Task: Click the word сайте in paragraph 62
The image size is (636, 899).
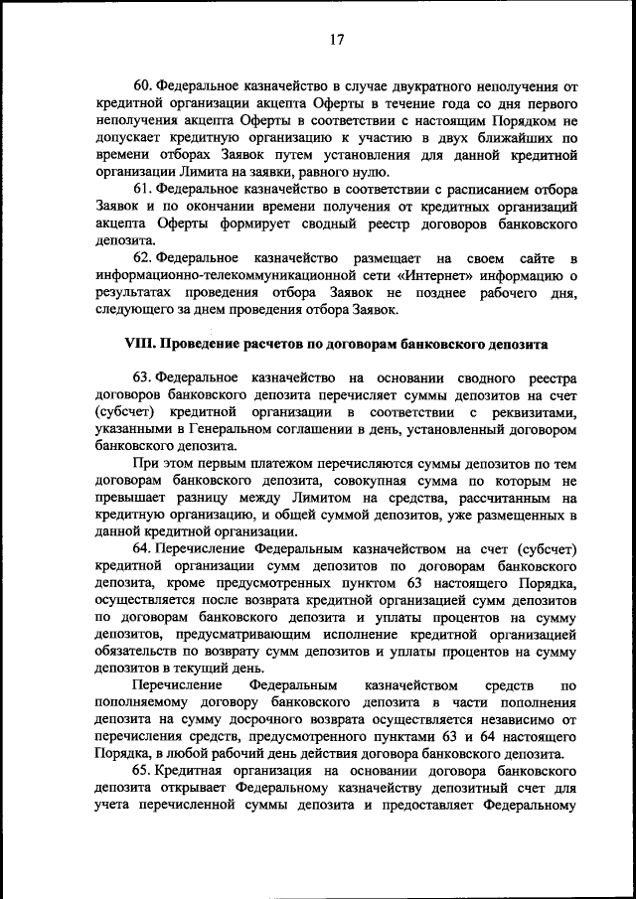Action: [528, 258]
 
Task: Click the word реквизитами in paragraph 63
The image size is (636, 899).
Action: [538, 411]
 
